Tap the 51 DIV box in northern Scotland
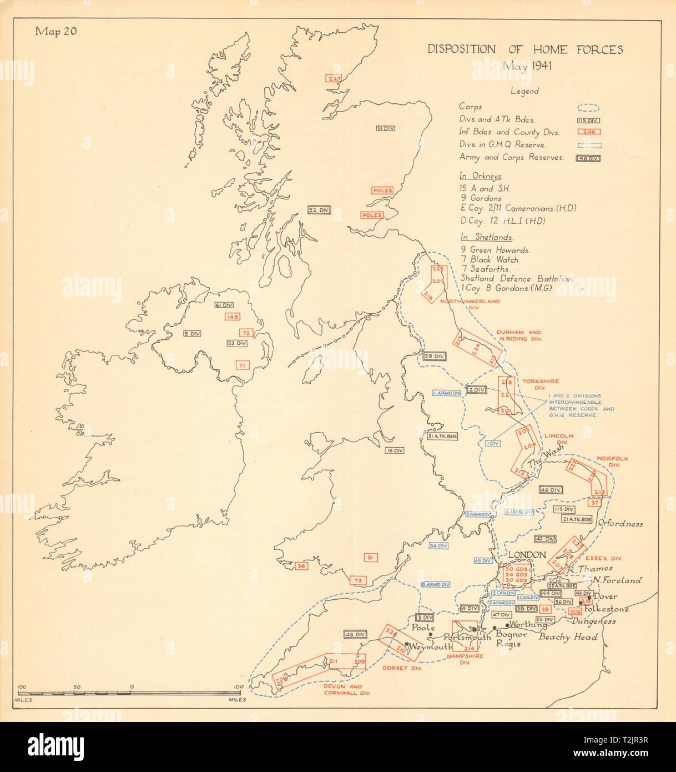[386, 129]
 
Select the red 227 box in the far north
[334, 79]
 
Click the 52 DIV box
[320, 210]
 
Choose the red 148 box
[232, 317]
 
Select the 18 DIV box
[395, 450]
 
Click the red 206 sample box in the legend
[590, 132]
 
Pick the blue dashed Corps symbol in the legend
[590, 109]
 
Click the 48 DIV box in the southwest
[356, 634]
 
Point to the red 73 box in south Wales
[358, 580]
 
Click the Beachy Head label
[568, 637]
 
